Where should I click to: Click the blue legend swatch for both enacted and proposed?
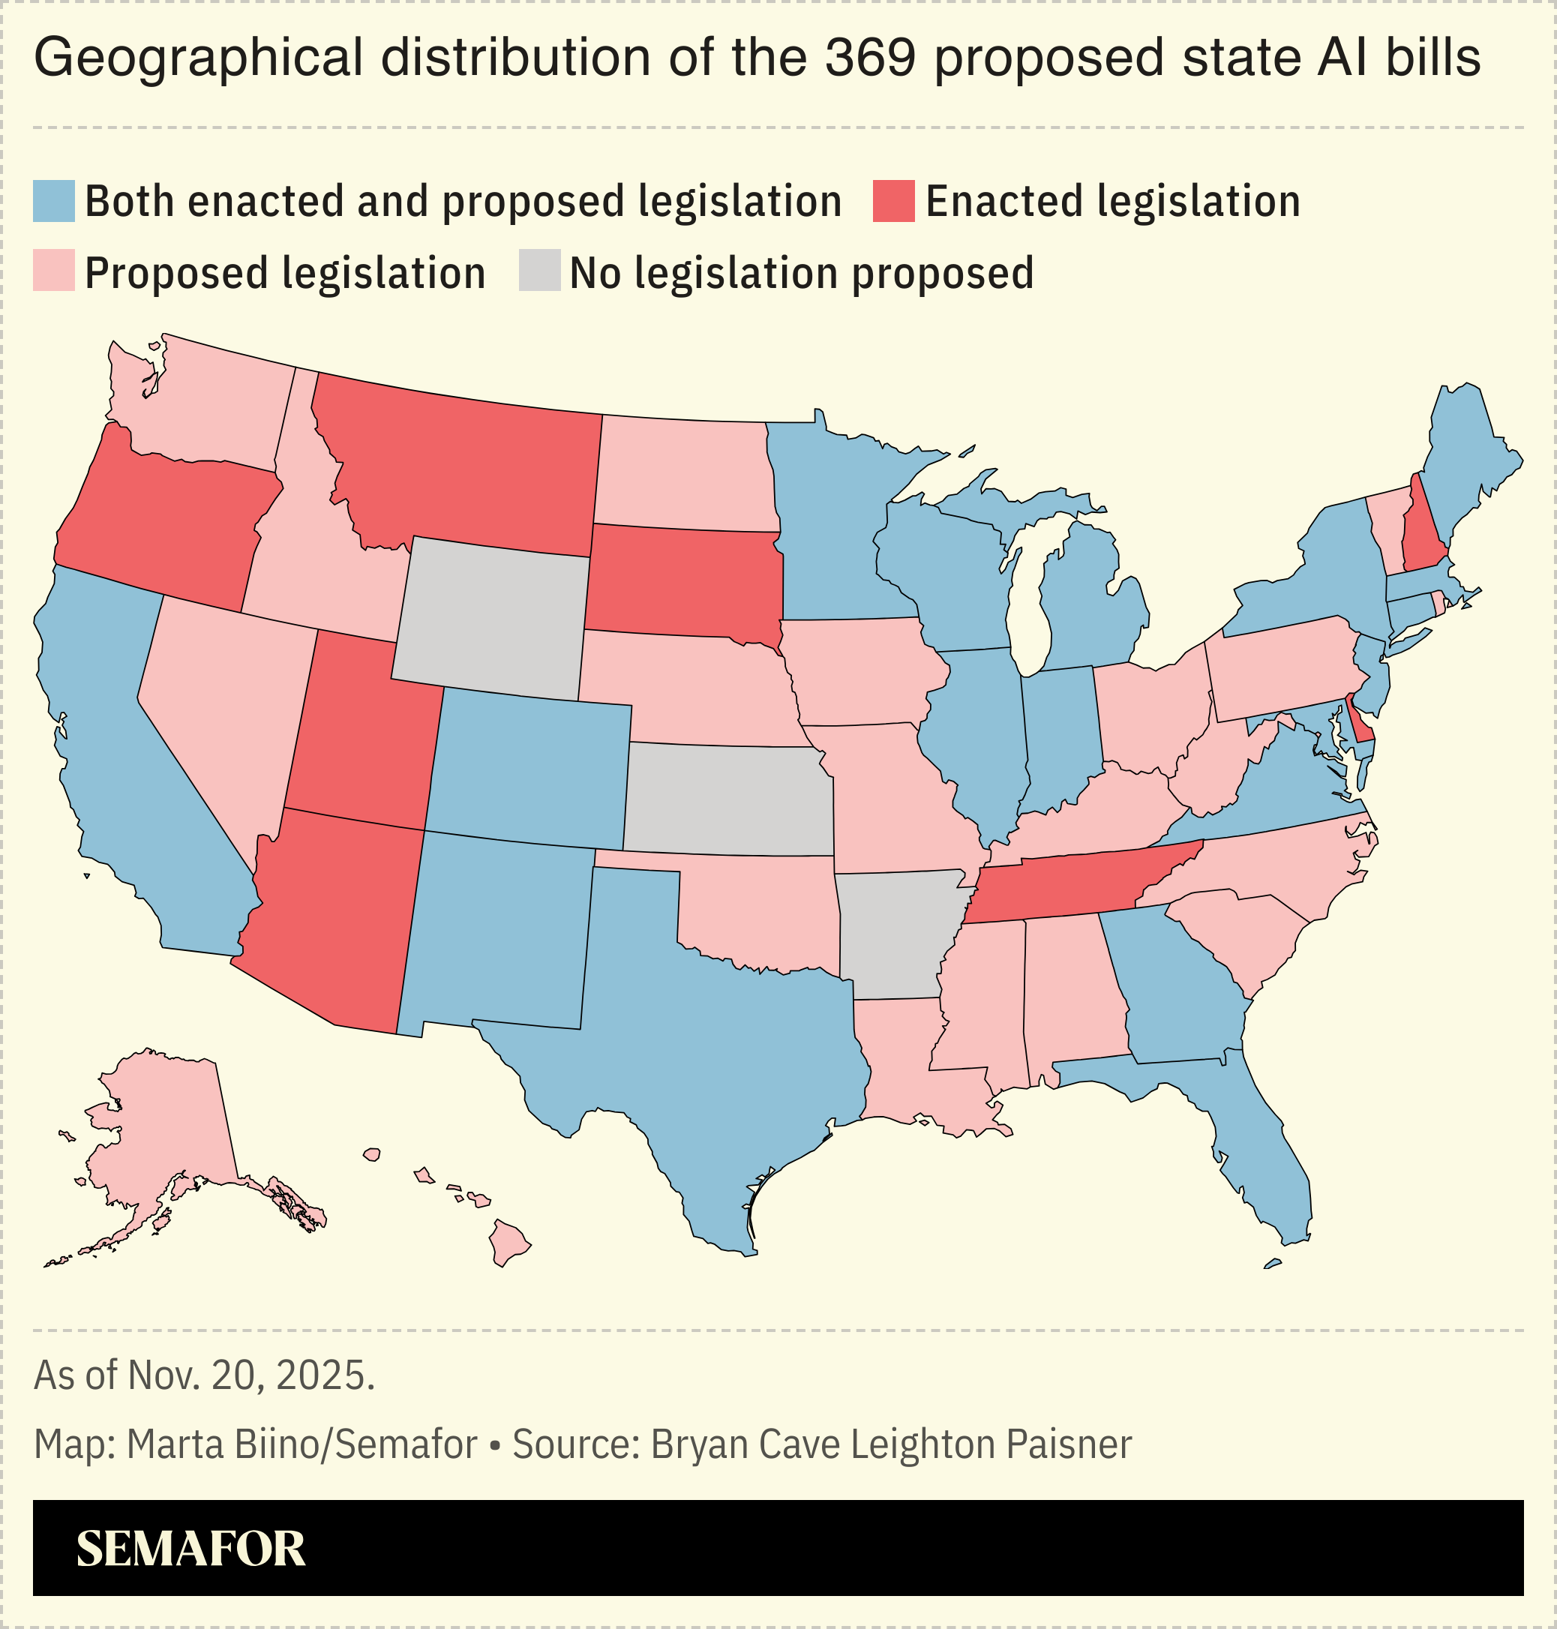click(x=54, y=201)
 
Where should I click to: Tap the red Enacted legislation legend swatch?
click(x=893, y=201)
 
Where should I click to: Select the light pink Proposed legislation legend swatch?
click(x=54, y=271)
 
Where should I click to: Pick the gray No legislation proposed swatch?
click(x=539, y=271)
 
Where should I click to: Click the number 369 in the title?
click(x=871, y=58)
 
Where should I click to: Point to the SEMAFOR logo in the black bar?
click(x=191, y=1549)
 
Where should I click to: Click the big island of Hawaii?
click(x=508, y=1242)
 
